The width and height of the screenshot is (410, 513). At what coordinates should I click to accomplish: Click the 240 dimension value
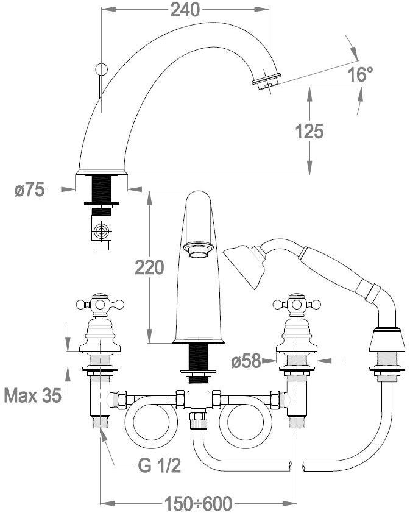click(185, 10)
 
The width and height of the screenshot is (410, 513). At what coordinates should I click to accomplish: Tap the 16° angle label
click(360, 75)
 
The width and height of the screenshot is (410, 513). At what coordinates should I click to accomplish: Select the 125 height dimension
click(309, 130)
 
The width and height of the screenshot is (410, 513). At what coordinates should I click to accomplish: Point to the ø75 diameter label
click(29, 190)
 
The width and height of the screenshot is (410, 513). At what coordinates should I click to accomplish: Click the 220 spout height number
click(149, 267)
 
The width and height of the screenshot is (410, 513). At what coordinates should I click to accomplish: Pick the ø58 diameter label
click(247, 362)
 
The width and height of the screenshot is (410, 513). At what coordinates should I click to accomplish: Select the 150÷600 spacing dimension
click(199, 504)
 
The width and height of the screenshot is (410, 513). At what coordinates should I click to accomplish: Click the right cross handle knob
click(296, 302)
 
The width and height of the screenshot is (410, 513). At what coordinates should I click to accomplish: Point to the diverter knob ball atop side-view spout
click(102, 68)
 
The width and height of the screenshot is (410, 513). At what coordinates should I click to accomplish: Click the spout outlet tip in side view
click(266, 81)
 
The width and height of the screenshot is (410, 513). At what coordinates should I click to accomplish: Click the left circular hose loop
click(147, 427)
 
